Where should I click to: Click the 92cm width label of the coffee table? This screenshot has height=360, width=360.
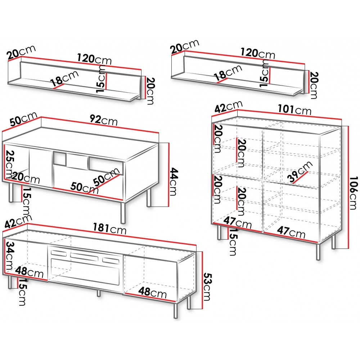coord(104,120)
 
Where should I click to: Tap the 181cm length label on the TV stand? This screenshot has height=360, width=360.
coord(109,229)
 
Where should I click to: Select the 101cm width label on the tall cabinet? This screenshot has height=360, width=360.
coord(294,109)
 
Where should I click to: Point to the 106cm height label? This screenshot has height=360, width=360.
coord(354,193)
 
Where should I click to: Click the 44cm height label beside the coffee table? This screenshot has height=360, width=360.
coord(174,181)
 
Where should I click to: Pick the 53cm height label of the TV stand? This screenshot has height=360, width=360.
coord(207,287)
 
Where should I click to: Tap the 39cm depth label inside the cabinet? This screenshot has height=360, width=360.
coord(300,172)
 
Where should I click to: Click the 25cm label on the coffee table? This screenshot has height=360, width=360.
coord(10,164)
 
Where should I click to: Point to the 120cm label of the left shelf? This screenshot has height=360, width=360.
coord(94,59)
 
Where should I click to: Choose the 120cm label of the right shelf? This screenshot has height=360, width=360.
coord(258,53)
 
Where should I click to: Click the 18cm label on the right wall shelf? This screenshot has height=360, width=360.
coord(228,72)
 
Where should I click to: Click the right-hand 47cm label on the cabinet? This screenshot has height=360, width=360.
coord(291,232)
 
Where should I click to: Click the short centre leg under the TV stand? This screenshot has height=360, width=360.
coord(99,293)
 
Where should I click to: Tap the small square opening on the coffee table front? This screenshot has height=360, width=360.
coord(60,158)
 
